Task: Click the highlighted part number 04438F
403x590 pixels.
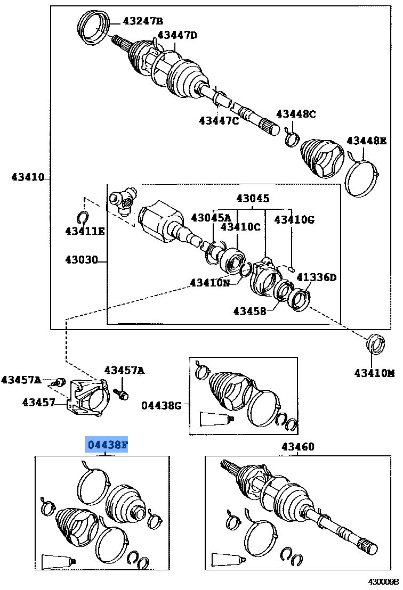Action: tap(107, 445)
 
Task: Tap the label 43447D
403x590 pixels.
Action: tap(177, 35)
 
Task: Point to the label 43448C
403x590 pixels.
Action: tap(296, 114)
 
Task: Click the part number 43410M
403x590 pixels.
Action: tap(374, 373)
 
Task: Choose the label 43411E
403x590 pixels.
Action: tap(85, 231)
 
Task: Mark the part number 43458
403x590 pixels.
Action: tap(249, 311)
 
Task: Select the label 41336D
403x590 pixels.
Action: tap(317, 277)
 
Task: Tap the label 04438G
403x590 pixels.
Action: tap(162, 406)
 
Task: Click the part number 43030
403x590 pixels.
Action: tap(82, 260)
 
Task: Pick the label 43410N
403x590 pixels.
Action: tap(210, 283)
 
